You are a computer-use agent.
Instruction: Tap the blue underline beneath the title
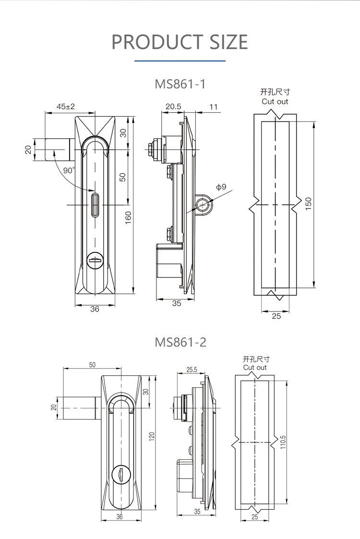coord(180,61)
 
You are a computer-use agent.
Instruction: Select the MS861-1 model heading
coord(180,84)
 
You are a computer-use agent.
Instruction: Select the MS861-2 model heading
coord(180,342)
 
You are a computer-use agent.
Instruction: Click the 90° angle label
coord(69,170)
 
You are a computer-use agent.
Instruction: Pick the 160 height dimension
coord(128,217)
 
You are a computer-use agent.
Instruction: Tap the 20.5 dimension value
coord(173,107)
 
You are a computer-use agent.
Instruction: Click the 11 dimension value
coord(214,107)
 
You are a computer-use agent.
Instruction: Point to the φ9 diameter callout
coord(221,187)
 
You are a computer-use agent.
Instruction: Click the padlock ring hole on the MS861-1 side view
coord(204,205)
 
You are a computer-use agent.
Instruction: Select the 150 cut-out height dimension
coord(309,204)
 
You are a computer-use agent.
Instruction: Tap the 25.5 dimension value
coord(192,370)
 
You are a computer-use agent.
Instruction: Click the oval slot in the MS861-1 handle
coord(95,204)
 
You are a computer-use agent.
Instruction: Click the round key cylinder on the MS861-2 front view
coord(120,474)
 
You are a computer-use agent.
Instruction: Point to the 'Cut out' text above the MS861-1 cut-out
coord(275,101)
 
